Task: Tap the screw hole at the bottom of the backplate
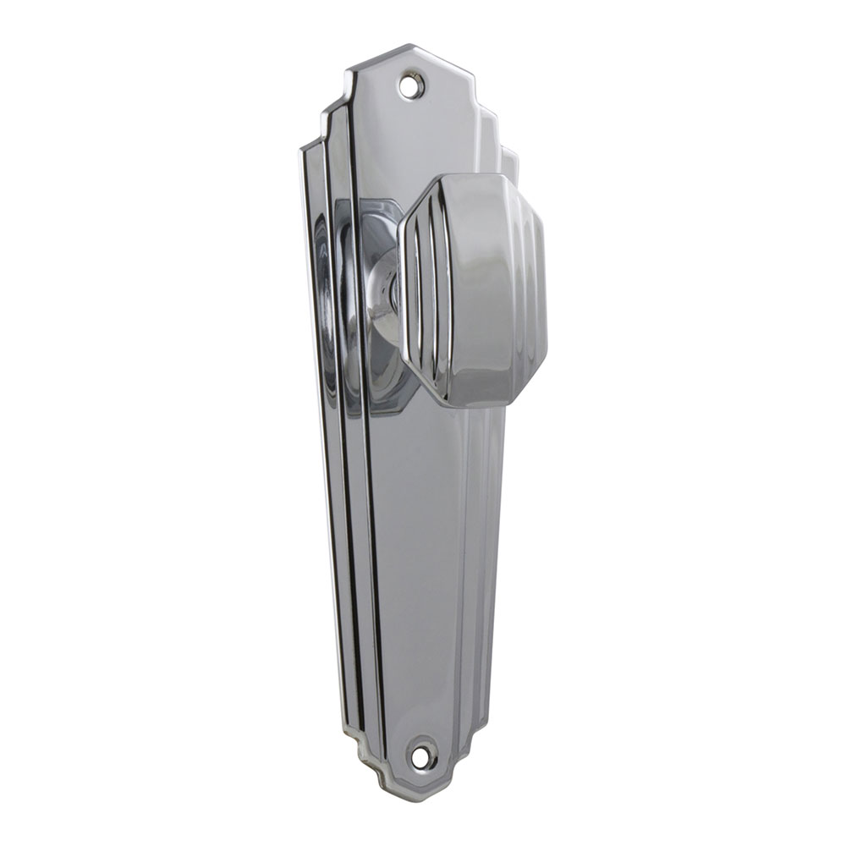pyautogui.click(x=421, y=753)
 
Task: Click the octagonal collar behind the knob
pyautogui.click(x=372, y=228)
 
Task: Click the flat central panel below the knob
pyautogui.click(x=423, y=550)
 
